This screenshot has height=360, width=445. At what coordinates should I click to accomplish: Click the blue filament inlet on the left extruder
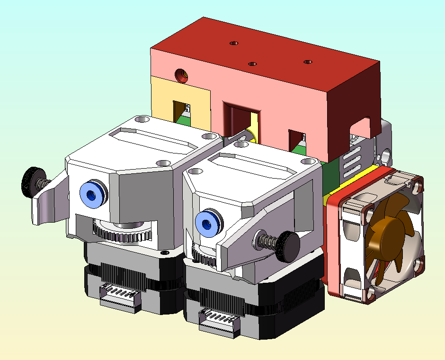tap(93, 195)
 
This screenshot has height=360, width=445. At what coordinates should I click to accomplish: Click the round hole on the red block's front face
tap(181, 74)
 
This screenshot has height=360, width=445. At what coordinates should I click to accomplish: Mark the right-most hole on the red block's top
tap(308, 62)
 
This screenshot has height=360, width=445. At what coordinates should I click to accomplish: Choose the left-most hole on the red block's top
tap(233, 43)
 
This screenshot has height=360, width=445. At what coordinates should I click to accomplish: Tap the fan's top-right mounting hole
tap(417, 185)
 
